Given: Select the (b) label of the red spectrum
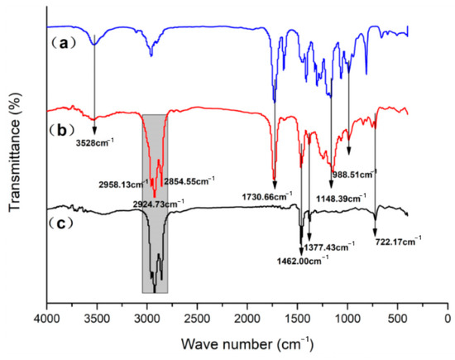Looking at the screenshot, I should pyautogui.click(x=65, y=131).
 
